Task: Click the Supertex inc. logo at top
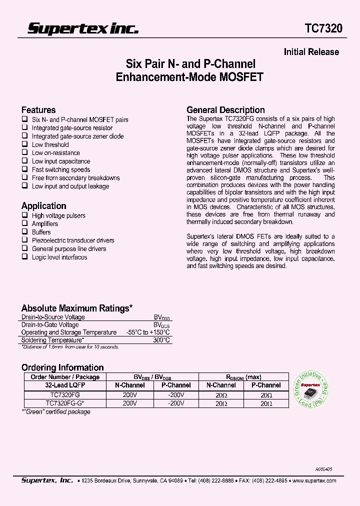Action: point(82,28)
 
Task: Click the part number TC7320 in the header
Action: point(324,28)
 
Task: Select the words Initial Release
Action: point(311,52)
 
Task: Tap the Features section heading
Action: point(38,110)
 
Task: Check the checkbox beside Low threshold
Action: point(24,144)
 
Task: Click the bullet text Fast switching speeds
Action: point(61,169)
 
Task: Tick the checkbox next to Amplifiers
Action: point(24,224)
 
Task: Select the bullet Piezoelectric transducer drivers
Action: point(73,240)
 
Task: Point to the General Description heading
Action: point(225,110)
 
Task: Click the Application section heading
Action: point(43,206)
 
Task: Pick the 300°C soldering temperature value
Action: point(161,340)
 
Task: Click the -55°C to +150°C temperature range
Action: point(148,332)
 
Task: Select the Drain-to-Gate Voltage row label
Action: point(50,325)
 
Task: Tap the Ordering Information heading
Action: point(62,367)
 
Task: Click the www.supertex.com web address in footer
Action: point(313,480)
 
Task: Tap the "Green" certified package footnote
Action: point(56,412)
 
